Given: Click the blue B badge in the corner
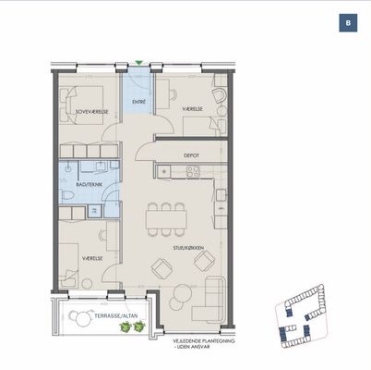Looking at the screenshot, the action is pos(348,23).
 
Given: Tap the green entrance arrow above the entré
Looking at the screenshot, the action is pos(139,63).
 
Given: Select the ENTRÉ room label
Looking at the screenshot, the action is pos(138,102).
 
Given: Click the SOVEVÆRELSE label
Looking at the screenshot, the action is pos(92,112).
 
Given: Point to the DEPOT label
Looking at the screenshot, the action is pos(191,155).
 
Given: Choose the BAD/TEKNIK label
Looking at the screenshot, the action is pos(89,184).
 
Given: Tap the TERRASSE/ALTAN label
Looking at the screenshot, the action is pos(116,315).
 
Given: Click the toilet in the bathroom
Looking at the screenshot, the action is pos(67,195).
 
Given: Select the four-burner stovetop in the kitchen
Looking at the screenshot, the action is pos(194,172).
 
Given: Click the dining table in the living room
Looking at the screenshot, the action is pos(166,219).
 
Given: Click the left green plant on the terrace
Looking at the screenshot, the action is pos(126,327).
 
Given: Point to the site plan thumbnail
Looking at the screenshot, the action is pos(301,315).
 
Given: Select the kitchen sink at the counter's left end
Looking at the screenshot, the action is pos(164,171).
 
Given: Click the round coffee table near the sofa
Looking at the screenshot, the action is pos(182,293).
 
